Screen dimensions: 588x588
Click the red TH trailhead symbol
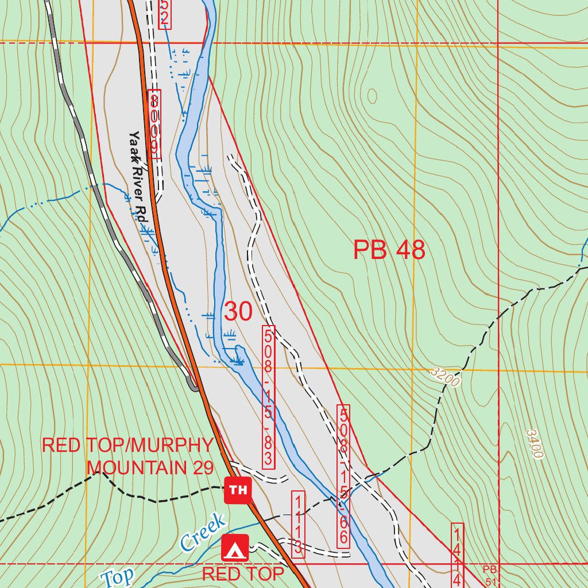click(238, 490)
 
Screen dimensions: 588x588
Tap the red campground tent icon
click(235, 548)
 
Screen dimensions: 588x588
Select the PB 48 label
click(389, 250)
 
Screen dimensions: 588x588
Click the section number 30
click(238, 311)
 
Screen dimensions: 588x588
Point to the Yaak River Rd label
click(138, 177)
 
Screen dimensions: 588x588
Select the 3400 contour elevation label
click(534, 443)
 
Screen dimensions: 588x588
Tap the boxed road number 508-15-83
click(269, 397)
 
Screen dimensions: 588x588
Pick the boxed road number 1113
click(298, 523)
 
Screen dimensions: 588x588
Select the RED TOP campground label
click(243, 574)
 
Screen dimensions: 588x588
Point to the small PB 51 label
click(489, 574)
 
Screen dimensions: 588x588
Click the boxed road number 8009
click(154, 123)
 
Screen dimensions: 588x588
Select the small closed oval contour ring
click(372, 96)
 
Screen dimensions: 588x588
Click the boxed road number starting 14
click(457, 555)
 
